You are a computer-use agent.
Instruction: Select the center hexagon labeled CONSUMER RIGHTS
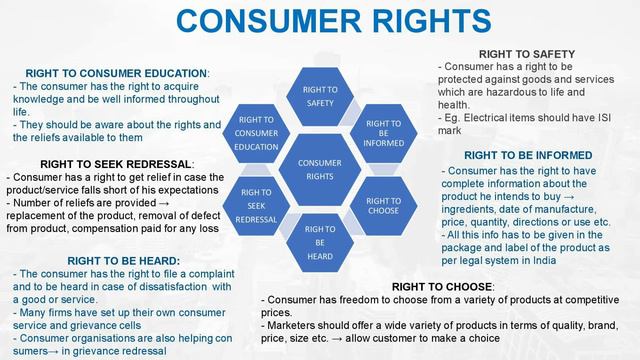(320, 169)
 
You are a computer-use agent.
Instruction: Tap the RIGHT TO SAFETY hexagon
(320, 96)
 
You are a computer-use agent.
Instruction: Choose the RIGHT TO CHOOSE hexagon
(383, 204)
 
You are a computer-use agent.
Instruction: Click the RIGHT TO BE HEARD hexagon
(320, 243)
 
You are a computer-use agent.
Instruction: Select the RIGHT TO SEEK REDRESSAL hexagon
(257, 205)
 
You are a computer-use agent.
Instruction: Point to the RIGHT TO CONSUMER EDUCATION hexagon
(257, 133)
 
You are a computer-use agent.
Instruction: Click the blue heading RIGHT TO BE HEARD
(96, 260)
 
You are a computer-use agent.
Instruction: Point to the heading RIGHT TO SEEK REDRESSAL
(116, 163)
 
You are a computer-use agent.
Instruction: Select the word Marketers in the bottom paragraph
(298, 325)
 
